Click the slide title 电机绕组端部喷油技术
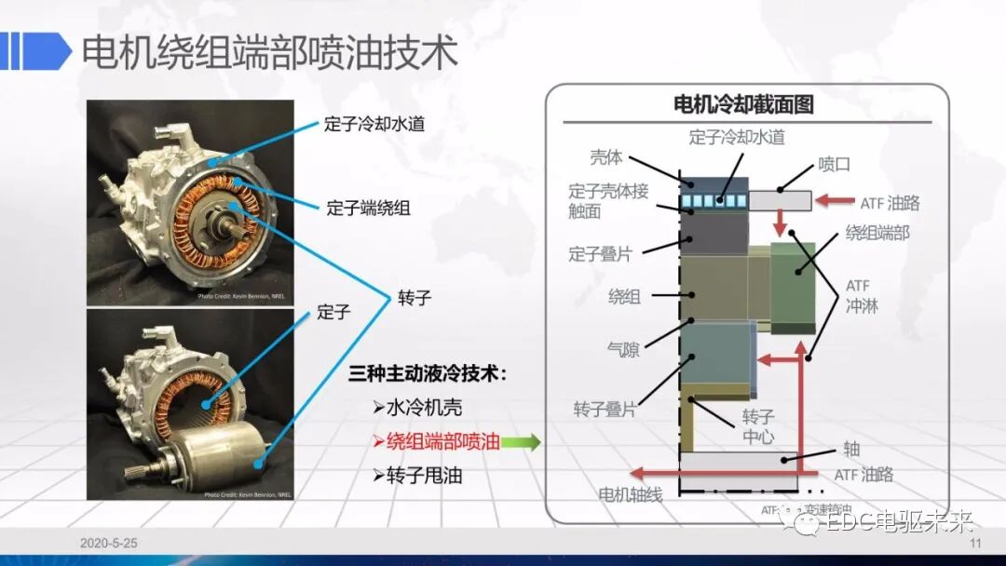270,52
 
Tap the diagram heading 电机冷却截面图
743,104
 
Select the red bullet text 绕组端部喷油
442,442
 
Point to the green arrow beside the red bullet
522,443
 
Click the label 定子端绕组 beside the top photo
368,207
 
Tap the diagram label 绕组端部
877,233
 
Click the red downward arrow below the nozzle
781,222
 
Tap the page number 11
976,544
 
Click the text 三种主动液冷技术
428,374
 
